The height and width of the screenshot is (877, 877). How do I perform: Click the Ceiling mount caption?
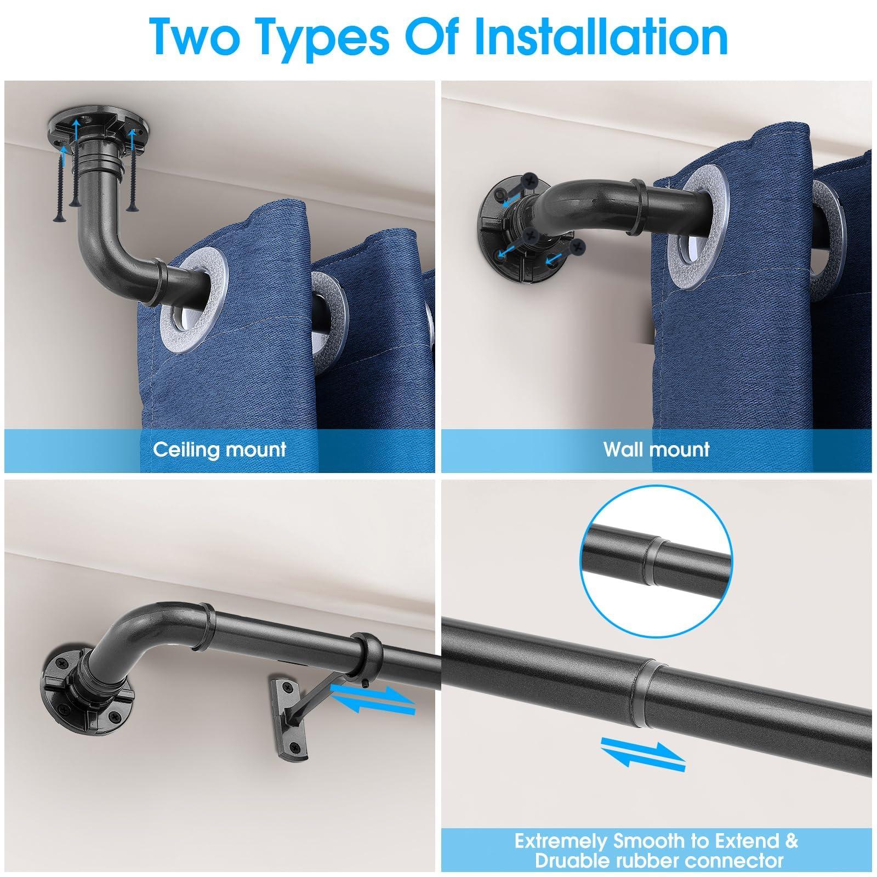219,449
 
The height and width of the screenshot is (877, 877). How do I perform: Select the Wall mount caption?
656,449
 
